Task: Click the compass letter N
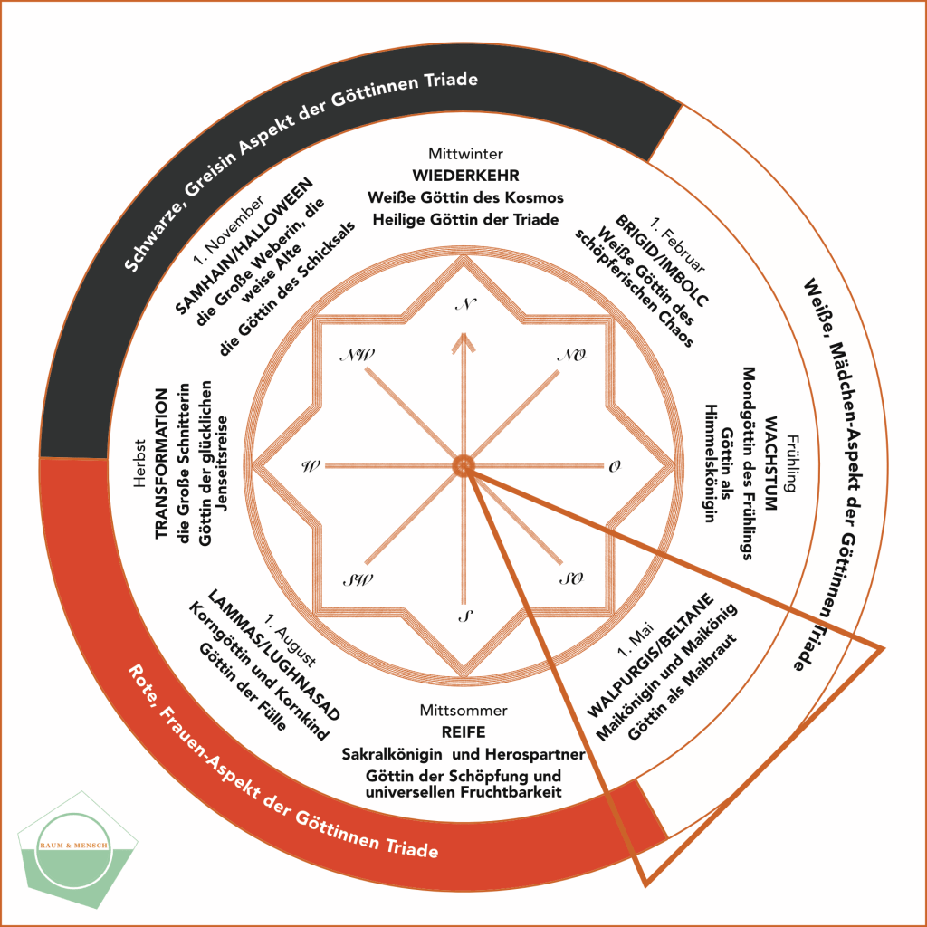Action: click(x=466, y=304)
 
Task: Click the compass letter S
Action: click(x=464, y=618)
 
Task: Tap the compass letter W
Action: click(x=311, y=467)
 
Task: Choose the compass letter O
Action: click(x=615, y=467)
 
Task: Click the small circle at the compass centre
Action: click(x=463, y=465)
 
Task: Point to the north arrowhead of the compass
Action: click(x=464, y=341)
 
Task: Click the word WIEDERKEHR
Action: click(x=464, y=175)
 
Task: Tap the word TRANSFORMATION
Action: click(x=162, y=464)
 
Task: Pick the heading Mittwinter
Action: click(x=464, y=154)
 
